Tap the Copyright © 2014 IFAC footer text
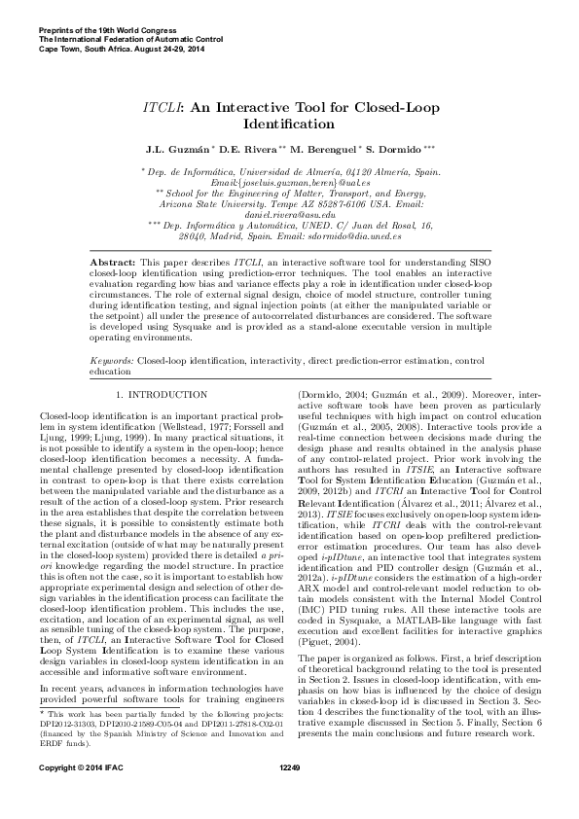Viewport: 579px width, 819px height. point(76,795)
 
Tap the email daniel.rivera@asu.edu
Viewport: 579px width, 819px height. point(289,213)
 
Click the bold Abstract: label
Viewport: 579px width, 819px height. point(111,264)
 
